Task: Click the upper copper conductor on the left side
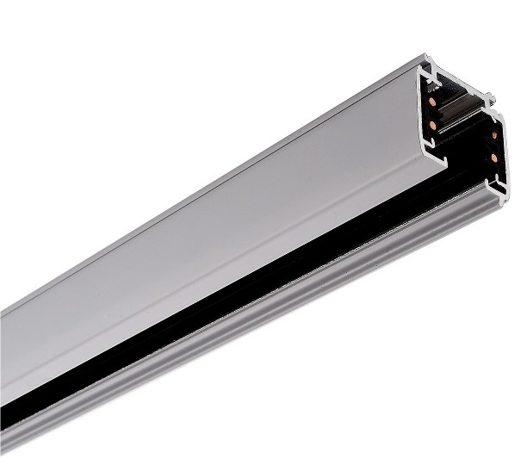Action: point(431,102)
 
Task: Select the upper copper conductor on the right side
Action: point(494,135)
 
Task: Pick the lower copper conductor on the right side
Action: point(493,158)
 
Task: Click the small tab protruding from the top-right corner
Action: point(492,97)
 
